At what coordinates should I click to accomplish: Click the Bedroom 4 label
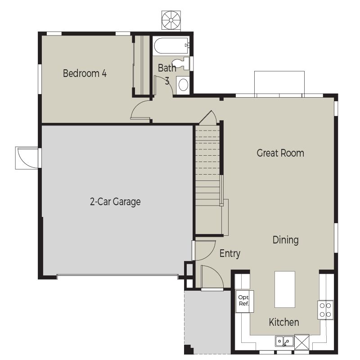point(85,73)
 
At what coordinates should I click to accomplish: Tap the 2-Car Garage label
point(115,202)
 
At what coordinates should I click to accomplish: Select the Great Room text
point(280,153)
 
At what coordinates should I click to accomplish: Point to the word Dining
point(286,240)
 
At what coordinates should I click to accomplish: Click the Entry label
point(230,254)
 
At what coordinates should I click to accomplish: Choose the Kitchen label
point(284,322)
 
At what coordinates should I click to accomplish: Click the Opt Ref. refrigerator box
point(244,301)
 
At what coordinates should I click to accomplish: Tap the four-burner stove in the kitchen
point(325,310)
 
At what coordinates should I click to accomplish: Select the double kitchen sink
point(284,342)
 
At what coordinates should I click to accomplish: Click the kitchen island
point(285,289)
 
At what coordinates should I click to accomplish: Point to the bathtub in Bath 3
point(172,46)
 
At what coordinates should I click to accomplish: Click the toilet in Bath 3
point(181,63)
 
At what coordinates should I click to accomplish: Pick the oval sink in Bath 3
point(183,85)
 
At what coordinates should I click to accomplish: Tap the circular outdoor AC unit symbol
point(171,20)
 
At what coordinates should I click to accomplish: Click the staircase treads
point(208,167)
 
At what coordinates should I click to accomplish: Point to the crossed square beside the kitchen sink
point(301,342)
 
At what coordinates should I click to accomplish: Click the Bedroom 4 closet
point(142,65)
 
